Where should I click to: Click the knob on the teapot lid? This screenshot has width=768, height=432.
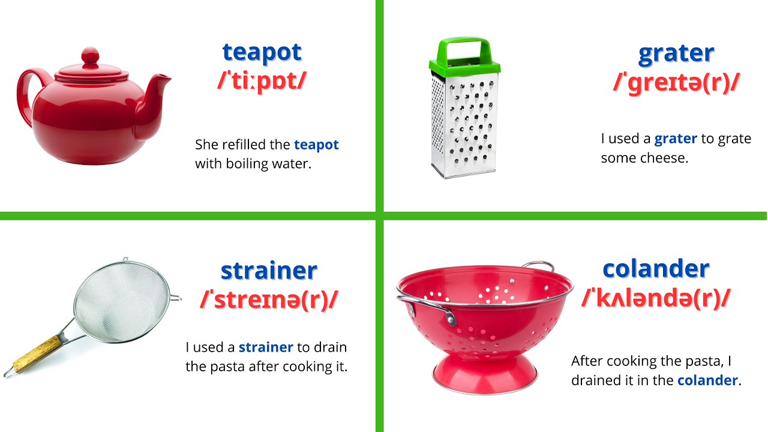click(x=90, y=56)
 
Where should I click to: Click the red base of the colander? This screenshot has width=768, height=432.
click(x=485, y=372)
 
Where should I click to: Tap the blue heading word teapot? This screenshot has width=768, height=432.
click(x=262, y=52)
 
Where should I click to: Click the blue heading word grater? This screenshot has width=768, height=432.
click(x=676, y=53)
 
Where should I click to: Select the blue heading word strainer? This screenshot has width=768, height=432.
click(x=268, y=271)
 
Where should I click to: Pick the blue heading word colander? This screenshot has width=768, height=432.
click(x=656, y=269)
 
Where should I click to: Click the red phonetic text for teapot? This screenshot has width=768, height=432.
click(x=262, y=81)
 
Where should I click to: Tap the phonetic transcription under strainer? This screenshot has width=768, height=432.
click(x=268, y=299)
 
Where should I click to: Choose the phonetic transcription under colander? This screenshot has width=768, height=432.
click(x=656, y=297)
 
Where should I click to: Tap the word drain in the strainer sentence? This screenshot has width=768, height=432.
click(x=330, y=347)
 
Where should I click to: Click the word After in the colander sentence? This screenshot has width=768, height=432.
click(x=586, y=361)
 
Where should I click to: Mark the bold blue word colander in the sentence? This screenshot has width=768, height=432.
click(x=707, y=380)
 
